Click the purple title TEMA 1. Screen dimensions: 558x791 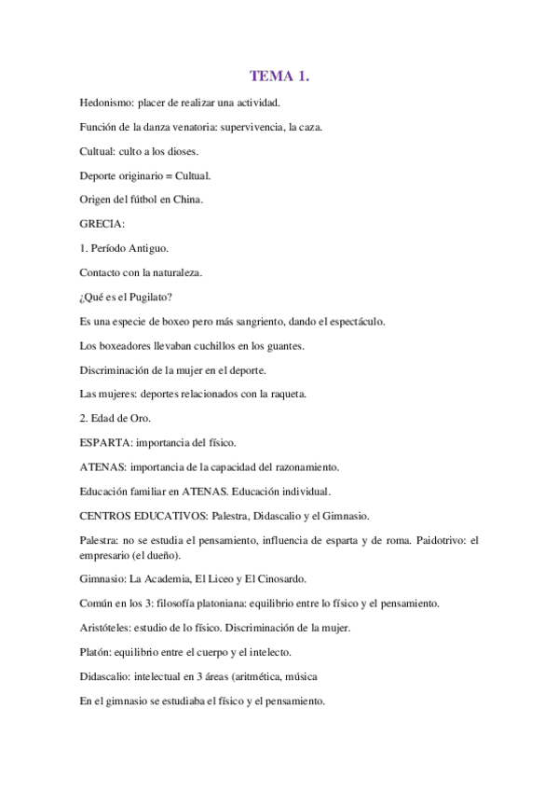(x=279, y=76)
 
